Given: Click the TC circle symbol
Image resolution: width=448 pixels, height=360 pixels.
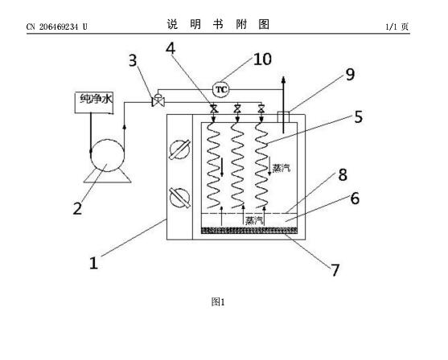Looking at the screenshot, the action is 221,89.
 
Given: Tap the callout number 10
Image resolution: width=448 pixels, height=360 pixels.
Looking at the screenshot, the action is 262,59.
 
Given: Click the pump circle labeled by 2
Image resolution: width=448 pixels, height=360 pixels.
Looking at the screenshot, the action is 107,156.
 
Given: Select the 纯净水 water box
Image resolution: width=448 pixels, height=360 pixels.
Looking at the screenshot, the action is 94,103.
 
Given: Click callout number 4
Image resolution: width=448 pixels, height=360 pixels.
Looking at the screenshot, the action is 171,48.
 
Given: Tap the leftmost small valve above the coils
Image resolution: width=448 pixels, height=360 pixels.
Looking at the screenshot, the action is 214,108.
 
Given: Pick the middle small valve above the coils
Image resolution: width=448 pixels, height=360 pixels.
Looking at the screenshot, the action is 236,108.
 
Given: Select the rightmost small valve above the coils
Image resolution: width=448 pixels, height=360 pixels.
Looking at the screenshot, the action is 261,108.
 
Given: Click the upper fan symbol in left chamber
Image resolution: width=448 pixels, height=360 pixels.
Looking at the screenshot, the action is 179,149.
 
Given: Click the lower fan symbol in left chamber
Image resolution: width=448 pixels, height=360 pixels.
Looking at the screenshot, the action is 179,198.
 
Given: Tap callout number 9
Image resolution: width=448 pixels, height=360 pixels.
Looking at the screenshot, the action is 350,74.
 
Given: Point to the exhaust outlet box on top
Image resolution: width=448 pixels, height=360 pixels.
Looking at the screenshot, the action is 283,117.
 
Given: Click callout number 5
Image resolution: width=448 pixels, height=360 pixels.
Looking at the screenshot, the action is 358,117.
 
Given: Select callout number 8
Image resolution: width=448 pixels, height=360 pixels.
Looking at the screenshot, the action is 343,174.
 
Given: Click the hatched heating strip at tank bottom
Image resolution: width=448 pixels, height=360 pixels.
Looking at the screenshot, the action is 249,230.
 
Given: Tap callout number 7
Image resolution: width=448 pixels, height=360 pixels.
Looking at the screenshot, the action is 335,270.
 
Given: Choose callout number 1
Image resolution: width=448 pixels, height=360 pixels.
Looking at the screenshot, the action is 94,263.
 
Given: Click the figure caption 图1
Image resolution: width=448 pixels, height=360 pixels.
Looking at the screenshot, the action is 218,301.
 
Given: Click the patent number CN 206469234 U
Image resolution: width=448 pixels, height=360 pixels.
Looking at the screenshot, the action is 57,27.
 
